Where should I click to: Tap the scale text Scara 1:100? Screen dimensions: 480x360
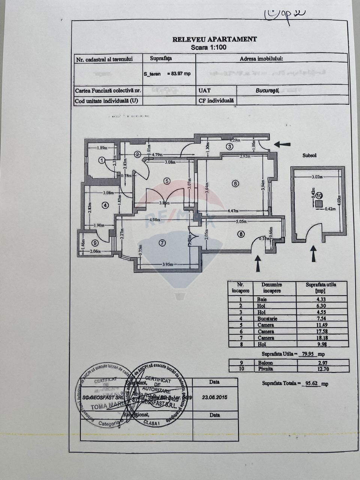click(208, 48)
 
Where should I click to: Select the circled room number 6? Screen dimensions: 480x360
click(235, 184)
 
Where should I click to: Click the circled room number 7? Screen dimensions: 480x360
click(162, 243)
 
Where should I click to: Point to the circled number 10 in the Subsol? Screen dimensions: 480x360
click(318, 195)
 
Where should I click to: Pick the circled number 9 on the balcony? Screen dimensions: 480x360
click(94, 243)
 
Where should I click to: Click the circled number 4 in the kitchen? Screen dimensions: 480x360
click(105, 205)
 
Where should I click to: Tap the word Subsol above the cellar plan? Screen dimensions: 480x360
click(309, 155)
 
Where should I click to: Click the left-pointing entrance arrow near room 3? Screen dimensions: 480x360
click(282, 144)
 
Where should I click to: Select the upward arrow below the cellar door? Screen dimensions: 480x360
click(313, 253)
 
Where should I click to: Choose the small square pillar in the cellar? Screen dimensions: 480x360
click(318, 204)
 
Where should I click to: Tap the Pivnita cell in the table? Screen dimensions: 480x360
click(265, 369)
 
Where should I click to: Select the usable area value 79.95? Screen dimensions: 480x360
click(306, 354)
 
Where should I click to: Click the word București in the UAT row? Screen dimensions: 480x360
click(267, 90)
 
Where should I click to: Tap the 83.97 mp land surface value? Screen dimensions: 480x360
click(178, 74)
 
